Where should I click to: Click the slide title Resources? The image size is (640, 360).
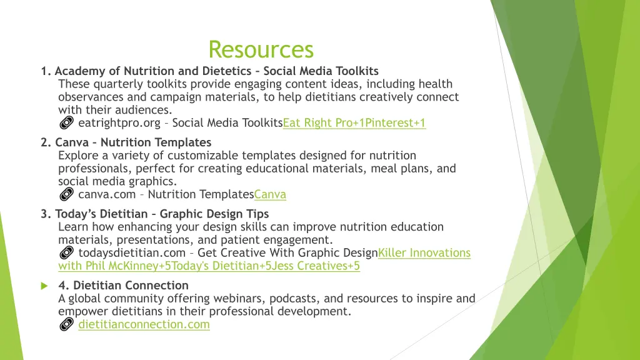point(261,49)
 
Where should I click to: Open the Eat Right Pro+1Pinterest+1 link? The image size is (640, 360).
point(354,123)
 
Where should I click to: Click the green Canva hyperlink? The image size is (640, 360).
point(270,194)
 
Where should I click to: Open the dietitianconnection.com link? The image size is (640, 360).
point(144,324)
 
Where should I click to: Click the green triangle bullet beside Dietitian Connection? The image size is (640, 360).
point(44,286)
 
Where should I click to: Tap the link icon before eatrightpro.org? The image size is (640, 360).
point(66,123)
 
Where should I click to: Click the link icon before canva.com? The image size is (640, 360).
point(66,194)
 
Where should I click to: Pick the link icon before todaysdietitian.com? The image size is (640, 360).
point(66,253)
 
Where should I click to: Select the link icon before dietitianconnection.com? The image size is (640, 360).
point(66,324)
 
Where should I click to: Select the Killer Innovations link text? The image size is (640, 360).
point(424,252)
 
